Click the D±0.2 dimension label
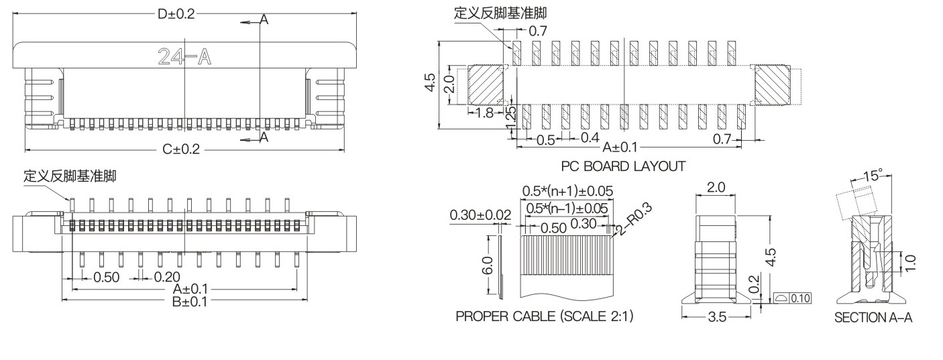176,15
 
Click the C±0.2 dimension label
181,149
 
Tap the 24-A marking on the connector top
184,57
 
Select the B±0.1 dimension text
190,301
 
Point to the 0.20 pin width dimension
167,277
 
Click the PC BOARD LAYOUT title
623,166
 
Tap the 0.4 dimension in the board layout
590,137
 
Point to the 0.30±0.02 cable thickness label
480,215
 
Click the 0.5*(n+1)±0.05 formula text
567,190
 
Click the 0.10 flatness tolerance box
800,298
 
